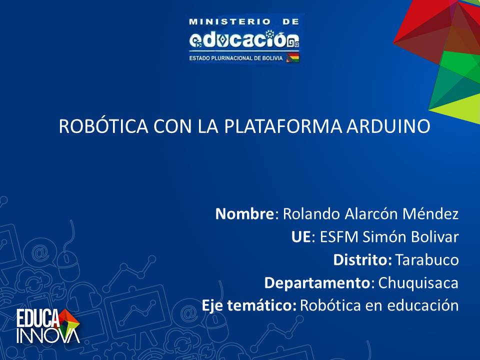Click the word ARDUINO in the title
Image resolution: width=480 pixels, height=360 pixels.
tap(388, 126)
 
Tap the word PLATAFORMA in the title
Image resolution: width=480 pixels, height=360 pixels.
tap(283, 126)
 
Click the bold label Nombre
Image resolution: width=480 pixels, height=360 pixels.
tap(244, 213)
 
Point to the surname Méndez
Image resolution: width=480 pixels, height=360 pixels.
tap(430, 213)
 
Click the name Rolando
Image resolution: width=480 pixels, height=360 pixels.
tap(311, 213)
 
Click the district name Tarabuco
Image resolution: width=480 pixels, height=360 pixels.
tap(427, 259)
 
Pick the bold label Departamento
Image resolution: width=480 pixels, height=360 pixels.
tap(317, 283)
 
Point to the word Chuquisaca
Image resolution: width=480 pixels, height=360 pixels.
tap(418, 283)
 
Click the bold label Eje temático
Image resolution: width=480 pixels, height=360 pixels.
tap(248, 305)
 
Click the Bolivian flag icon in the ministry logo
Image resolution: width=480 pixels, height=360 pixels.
tap(292, 57)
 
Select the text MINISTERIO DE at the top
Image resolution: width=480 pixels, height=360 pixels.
tap(243, 21)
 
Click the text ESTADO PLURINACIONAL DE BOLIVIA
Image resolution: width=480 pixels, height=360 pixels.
tap(236, 58)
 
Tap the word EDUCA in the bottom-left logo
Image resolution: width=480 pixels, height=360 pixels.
tap(38, 318)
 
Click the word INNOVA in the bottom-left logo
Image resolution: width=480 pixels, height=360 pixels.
tap(48, 336)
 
